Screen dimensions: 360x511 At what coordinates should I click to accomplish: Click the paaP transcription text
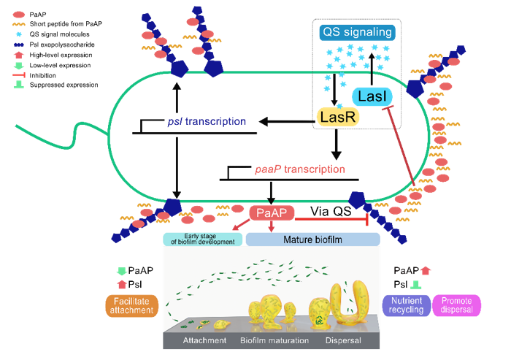(299, 169)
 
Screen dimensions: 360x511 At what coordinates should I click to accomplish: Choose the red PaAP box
(272, 212)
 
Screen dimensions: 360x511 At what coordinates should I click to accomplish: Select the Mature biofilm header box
(312, 239)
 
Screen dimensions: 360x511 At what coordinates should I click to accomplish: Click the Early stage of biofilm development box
(203, 239)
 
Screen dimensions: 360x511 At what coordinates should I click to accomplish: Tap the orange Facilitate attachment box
(132, 305)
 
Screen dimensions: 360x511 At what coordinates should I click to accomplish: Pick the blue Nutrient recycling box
(407, 305)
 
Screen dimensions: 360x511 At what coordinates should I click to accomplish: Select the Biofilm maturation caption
(274, 340)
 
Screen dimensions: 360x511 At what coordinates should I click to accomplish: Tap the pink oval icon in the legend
(19, 14)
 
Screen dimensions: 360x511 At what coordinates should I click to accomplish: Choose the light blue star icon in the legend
(19, 34)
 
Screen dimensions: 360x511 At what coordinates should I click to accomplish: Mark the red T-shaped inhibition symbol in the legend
(19, 75)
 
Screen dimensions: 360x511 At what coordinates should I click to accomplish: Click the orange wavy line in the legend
(19, 24)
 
